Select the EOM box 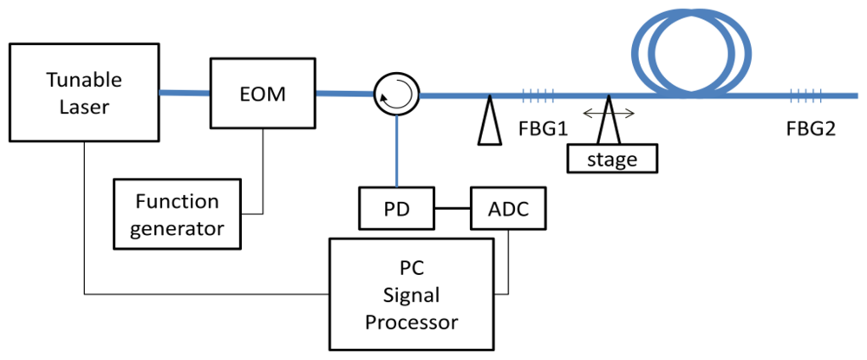[x=263, y=92]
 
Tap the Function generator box [x=177, y=214]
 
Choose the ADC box [x=507, y=208]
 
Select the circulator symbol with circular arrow [x=397, y=95]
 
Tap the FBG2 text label [x=811, y=130]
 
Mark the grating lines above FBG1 [x=537, y=96]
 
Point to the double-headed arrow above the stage [x=608, y=112]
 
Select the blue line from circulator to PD [x=397, y=152]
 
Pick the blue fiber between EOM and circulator [x=343, y=93]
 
